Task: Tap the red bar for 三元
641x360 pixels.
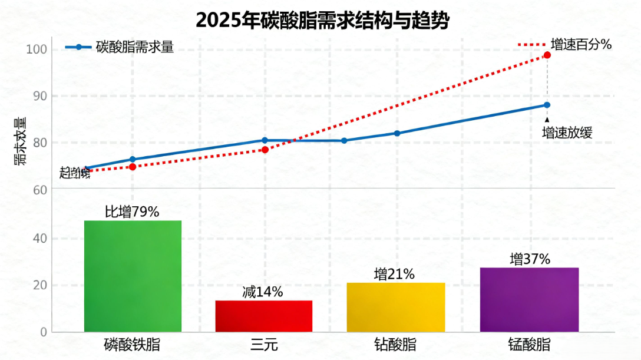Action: coord(263,316)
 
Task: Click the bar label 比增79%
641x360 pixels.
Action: coord(132,212)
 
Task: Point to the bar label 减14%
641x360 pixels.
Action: coord(263,292)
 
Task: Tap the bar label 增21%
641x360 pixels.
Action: coord(394,274)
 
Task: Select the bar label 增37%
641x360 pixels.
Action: coord(529,259)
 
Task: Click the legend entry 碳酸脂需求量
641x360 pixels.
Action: coord(134,48)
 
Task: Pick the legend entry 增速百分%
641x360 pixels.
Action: coord(581,45)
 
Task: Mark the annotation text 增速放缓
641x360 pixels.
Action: coord(567,133)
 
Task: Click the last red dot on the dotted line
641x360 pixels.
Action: coord(547,55)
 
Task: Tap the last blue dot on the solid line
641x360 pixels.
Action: coord(547,105)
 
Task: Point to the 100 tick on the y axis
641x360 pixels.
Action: coord(37,49)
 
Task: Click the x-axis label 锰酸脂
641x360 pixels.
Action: coord(529,345)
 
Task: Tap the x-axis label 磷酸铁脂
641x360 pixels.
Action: coord(132,345)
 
